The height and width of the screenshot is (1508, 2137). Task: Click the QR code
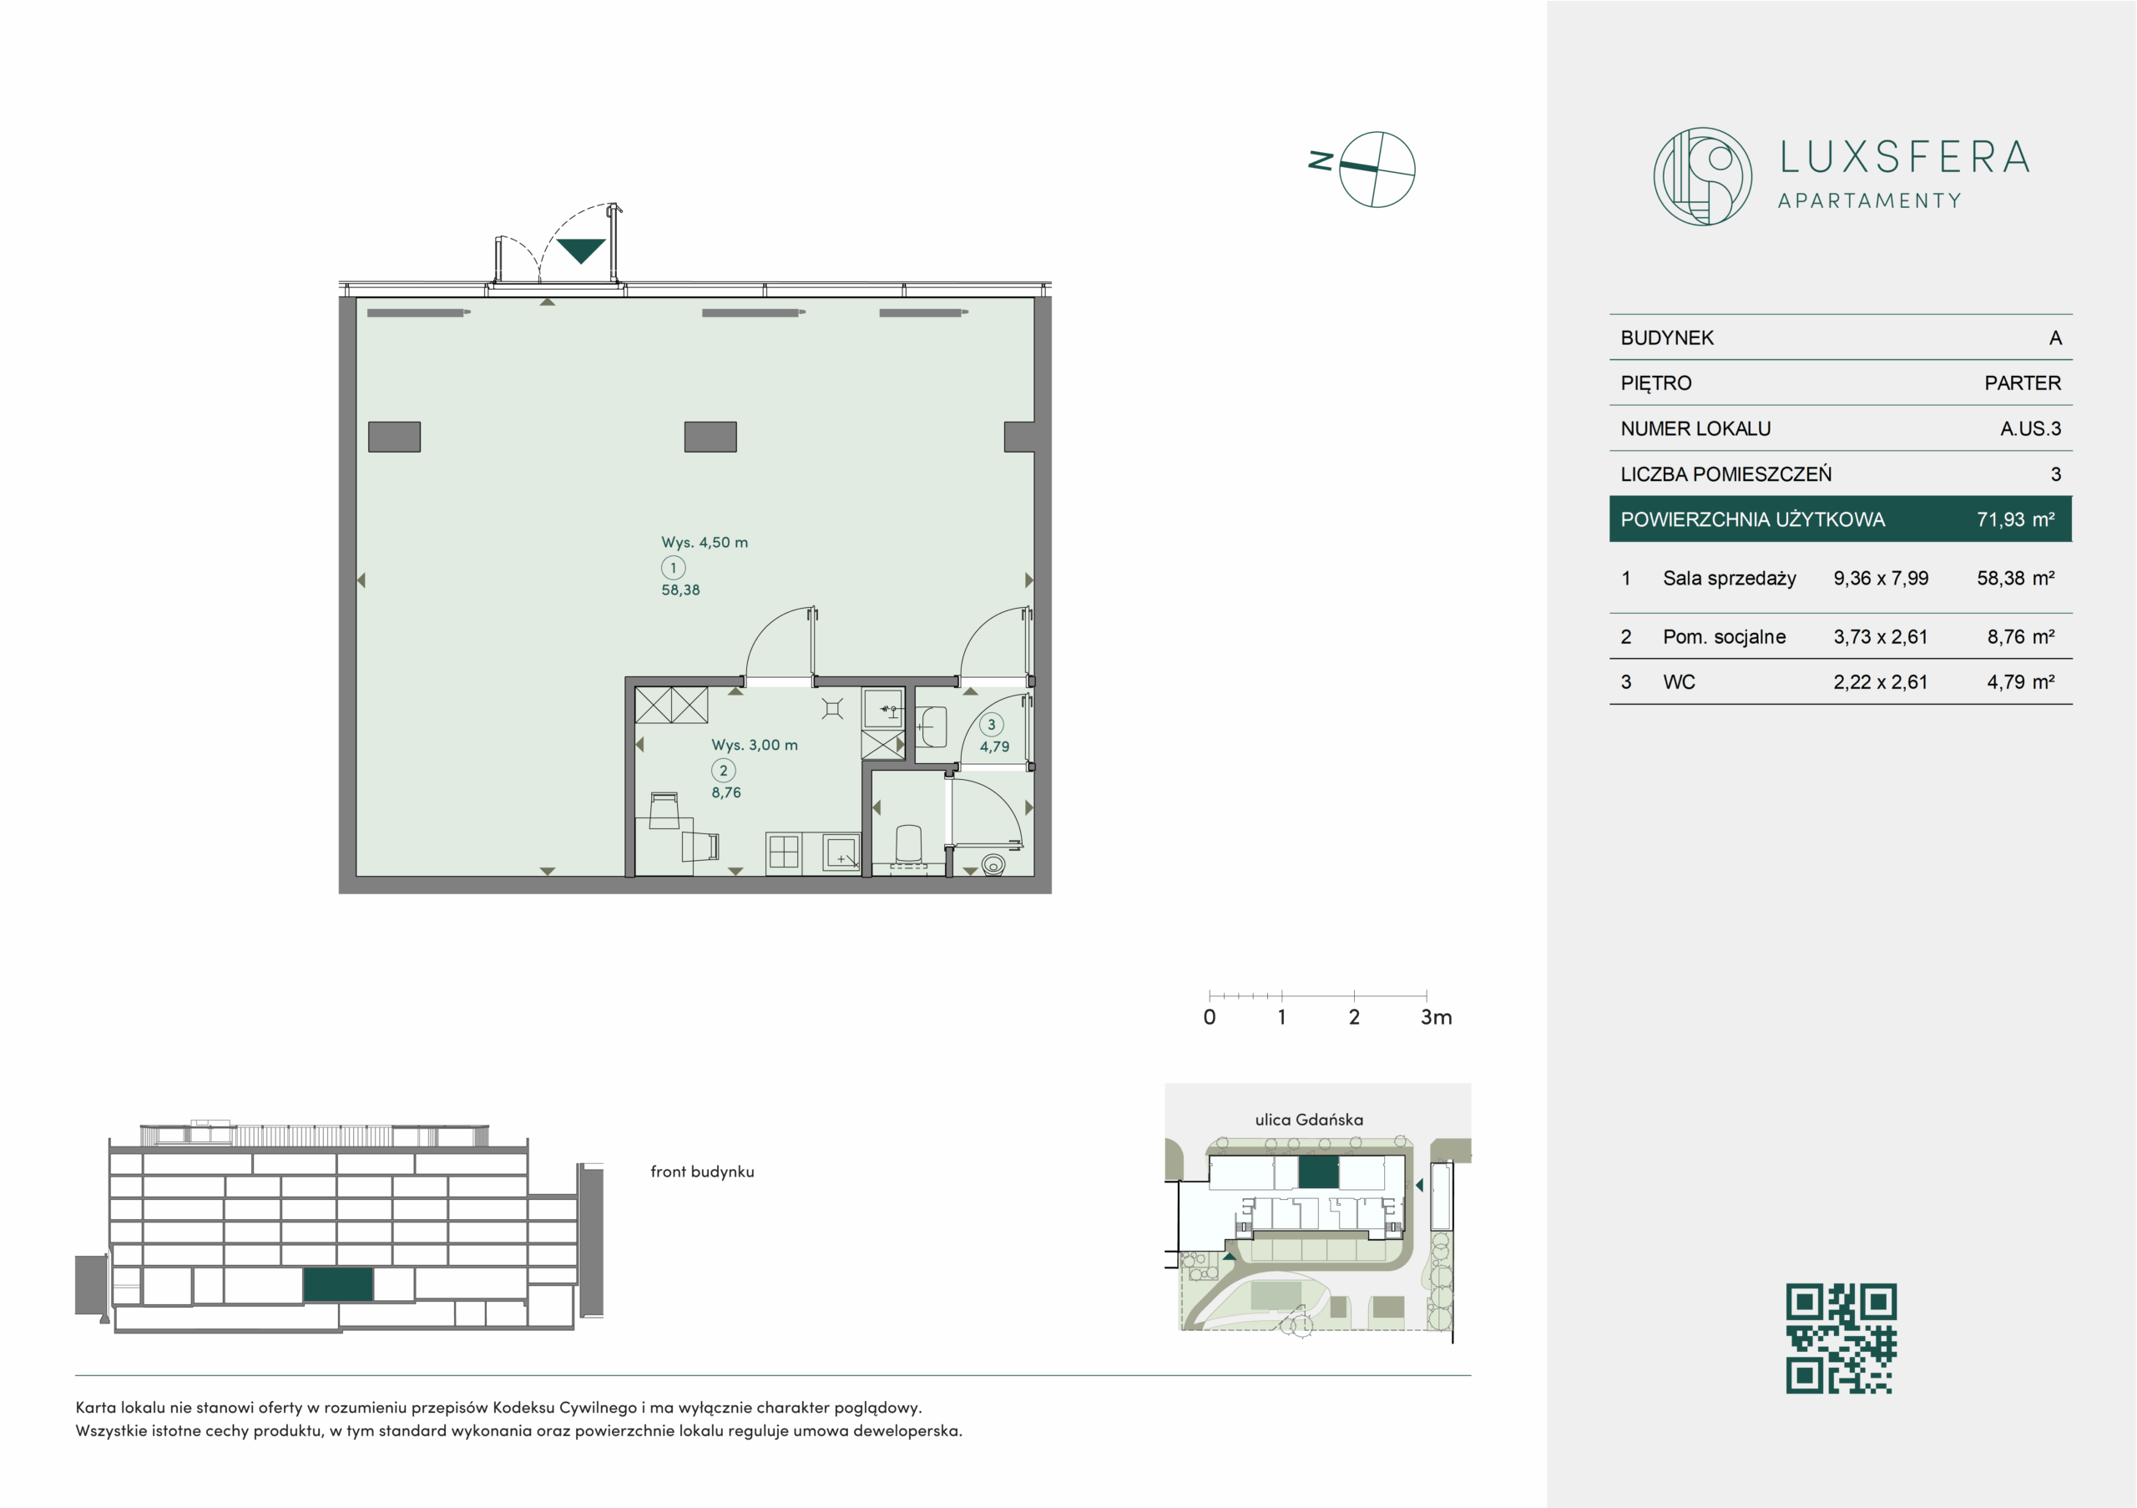pos(1841,1338)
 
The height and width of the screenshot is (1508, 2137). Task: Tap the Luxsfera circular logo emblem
pos(1702,176)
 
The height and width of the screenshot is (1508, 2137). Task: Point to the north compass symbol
pos(1363,169)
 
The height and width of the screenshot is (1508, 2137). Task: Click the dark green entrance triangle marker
pos(581,250)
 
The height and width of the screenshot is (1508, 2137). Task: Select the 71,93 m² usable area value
pos(2015,519)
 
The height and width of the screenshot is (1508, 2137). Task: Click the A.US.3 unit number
pos(2030,428)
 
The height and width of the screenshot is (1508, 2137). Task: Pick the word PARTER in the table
pos(2022,382)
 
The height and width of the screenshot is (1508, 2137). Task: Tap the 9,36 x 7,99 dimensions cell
pos(1880,578)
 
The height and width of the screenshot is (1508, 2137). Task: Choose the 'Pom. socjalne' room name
pos(1724,637)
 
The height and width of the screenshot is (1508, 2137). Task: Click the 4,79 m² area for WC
pos(2020,682)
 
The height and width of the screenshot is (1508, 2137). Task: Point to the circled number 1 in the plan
pos(673,568)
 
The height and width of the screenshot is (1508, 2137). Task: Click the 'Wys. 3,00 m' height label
pos(754,745)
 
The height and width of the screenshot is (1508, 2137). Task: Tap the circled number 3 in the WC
pos(991,724)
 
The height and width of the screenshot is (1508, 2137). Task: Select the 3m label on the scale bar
pos(1436,1017)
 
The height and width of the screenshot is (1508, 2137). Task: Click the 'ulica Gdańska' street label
pos(1309,1120)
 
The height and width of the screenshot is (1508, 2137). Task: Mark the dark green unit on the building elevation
pos(338,1284)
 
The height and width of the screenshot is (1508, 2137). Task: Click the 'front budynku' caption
pos(702,1172)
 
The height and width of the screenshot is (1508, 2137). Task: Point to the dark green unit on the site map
pos(1318,1172)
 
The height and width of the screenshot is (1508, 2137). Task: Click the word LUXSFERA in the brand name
pos(1904,157)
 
